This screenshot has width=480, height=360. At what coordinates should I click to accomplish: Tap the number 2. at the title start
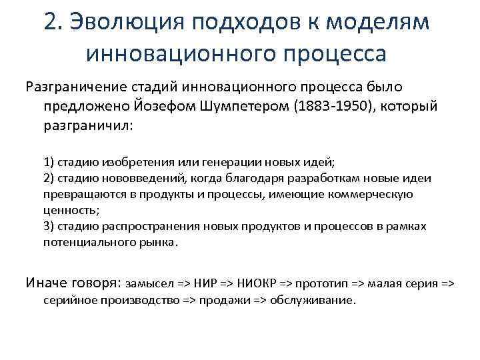(54, 21)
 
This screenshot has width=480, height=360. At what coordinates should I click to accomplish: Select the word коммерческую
(375, 194)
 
